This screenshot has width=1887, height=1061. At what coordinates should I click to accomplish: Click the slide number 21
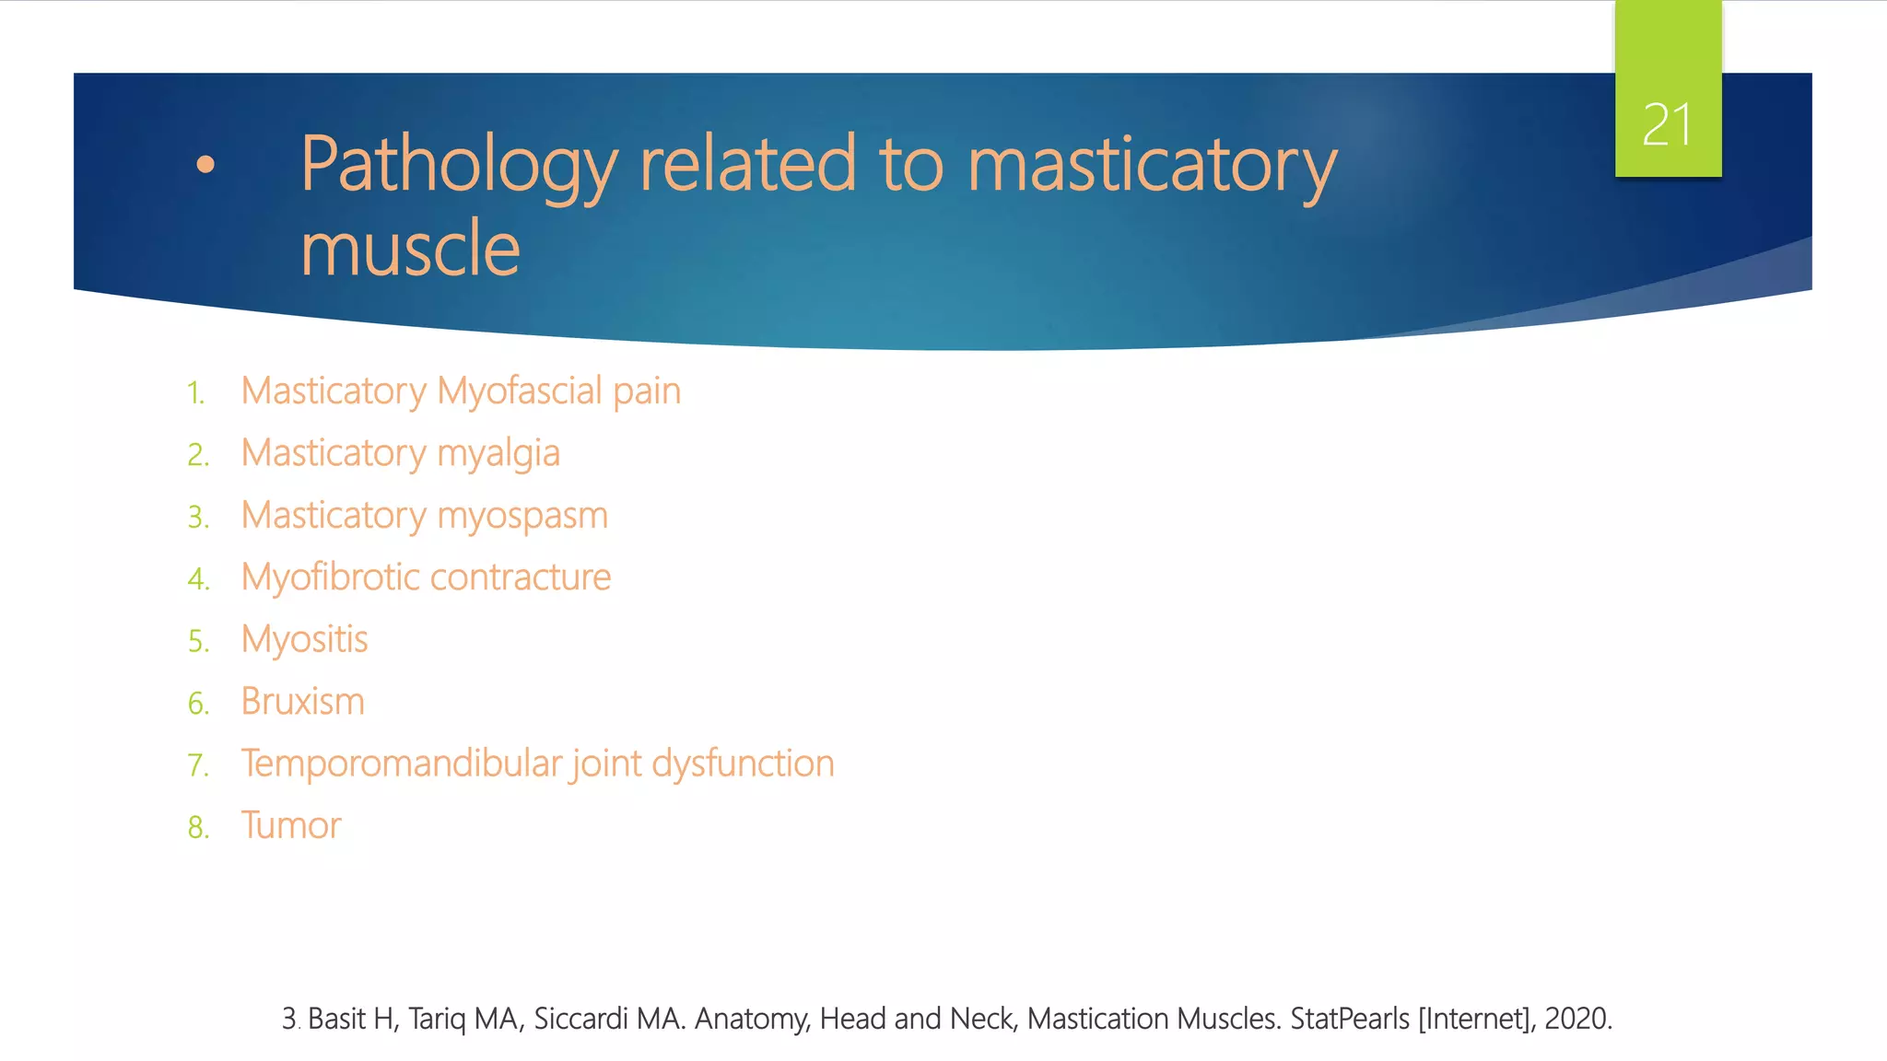point(1667,125)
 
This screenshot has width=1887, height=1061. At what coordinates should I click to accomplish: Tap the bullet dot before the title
point(205,165)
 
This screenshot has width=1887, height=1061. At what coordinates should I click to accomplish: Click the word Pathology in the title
point(459,166)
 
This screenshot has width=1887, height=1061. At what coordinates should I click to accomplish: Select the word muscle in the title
point(410,249)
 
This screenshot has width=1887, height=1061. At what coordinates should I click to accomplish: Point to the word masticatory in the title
point(1152,166)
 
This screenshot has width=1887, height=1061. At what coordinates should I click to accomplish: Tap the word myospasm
point(522,516)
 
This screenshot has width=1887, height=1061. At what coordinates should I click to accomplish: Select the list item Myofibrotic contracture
point(426,577)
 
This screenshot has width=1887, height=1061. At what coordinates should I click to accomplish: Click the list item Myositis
point(304,639)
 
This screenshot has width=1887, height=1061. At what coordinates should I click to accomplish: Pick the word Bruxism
point(302,702)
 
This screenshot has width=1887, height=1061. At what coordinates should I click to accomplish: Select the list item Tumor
point(291,825)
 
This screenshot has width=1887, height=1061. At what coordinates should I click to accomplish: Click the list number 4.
point(197,579)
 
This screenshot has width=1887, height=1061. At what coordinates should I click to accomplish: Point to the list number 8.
point(197,827)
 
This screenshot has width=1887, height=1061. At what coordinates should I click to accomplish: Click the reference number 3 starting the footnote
point(289,1019)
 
